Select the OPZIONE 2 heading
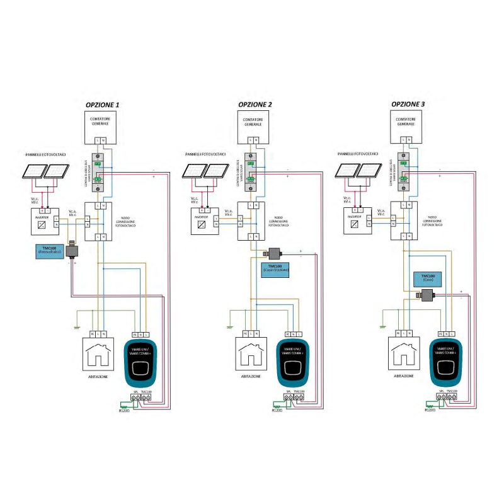(x=255, y=104)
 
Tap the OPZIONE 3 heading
(x=408, y=104)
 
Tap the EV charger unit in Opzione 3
(x=448, y=362)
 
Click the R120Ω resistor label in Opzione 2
(x=277, y=410)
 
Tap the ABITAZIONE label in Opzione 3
(x=404, y=376)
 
